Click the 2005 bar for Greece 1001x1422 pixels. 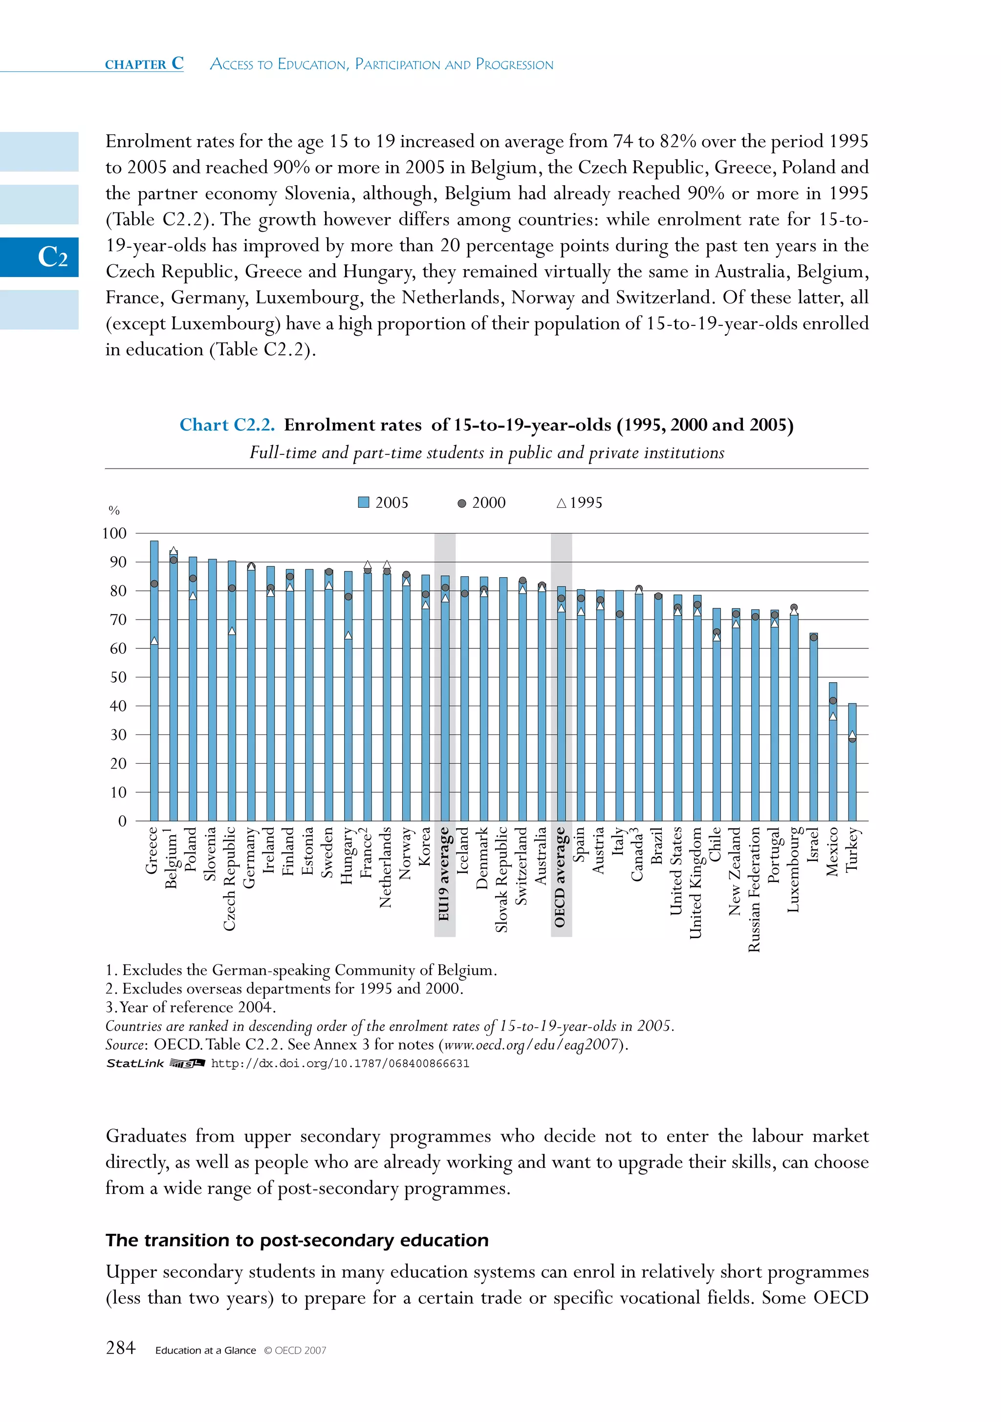(x=154, y=681)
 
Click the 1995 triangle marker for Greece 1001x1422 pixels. (x=154, y=641)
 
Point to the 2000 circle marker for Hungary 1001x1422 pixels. (x=348, y=597)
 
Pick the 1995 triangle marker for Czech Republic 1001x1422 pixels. (x=232, y=630)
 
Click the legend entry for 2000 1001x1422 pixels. (x=482, y=503)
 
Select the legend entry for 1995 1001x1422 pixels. (x=579, y=503)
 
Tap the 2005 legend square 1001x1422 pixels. (x=364, y=502)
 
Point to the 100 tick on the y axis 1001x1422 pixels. (x=114, y=533)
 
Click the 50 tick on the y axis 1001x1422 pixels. (x=118, y=677)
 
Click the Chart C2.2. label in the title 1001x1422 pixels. (x=227, y=425)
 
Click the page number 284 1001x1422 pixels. (x=120, y=1348)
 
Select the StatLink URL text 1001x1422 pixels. (x=340, y=1063)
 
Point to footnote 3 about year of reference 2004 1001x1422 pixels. (x=191, y=1007)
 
